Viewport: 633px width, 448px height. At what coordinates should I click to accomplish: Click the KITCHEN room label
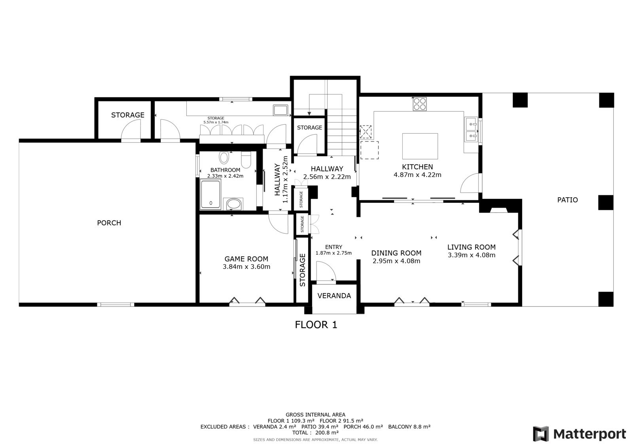(417, 167)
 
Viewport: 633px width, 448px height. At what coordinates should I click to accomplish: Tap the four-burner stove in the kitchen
(420, 104)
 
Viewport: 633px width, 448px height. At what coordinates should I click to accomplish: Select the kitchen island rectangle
(420, 146)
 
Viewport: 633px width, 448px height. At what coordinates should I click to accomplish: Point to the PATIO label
(567, 200)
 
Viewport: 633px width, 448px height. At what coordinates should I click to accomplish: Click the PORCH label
(109, 223)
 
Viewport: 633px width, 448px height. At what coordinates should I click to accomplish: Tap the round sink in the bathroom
(233, 204)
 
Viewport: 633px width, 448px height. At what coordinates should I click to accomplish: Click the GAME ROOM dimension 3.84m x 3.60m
(246, 267)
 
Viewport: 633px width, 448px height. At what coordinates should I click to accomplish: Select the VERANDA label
(334, 296)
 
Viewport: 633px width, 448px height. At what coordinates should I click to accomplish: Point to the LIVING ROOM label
(471, 247)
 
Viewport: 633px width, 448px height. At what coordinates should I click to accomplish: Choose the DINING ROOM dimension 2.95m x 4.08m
(396, 261)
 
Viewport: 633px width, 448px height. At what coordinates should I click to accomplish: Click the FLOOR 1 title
(316, 324)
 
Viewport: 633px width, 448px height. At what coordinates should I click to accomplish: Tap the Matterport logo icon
(541, 434)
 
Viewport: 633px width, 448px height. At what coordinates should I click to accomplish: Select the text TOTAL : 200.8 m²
(315, 433)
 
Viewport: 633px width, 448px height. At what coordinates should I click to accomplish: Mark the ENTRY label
(334, 247)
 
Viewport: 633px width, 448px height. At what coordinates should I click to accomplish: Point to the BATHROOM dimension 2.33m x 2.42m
(225, 176)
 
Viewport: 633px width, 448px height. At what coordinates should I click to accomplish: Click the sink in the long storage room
(280, 110)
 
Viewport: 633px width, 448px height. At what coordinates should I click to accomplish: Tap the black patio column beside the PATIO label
(606, 202)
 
